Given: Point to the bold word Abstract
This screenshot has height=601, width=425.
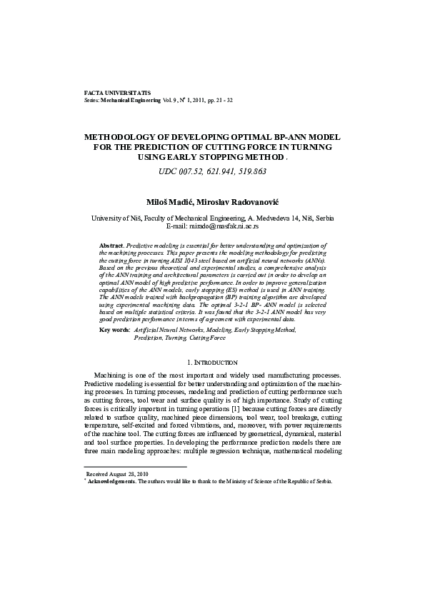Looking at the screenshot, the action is coord(111,245).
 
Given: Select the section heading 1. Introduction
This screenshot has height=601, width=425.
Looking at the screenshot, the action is coord(212,363).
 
